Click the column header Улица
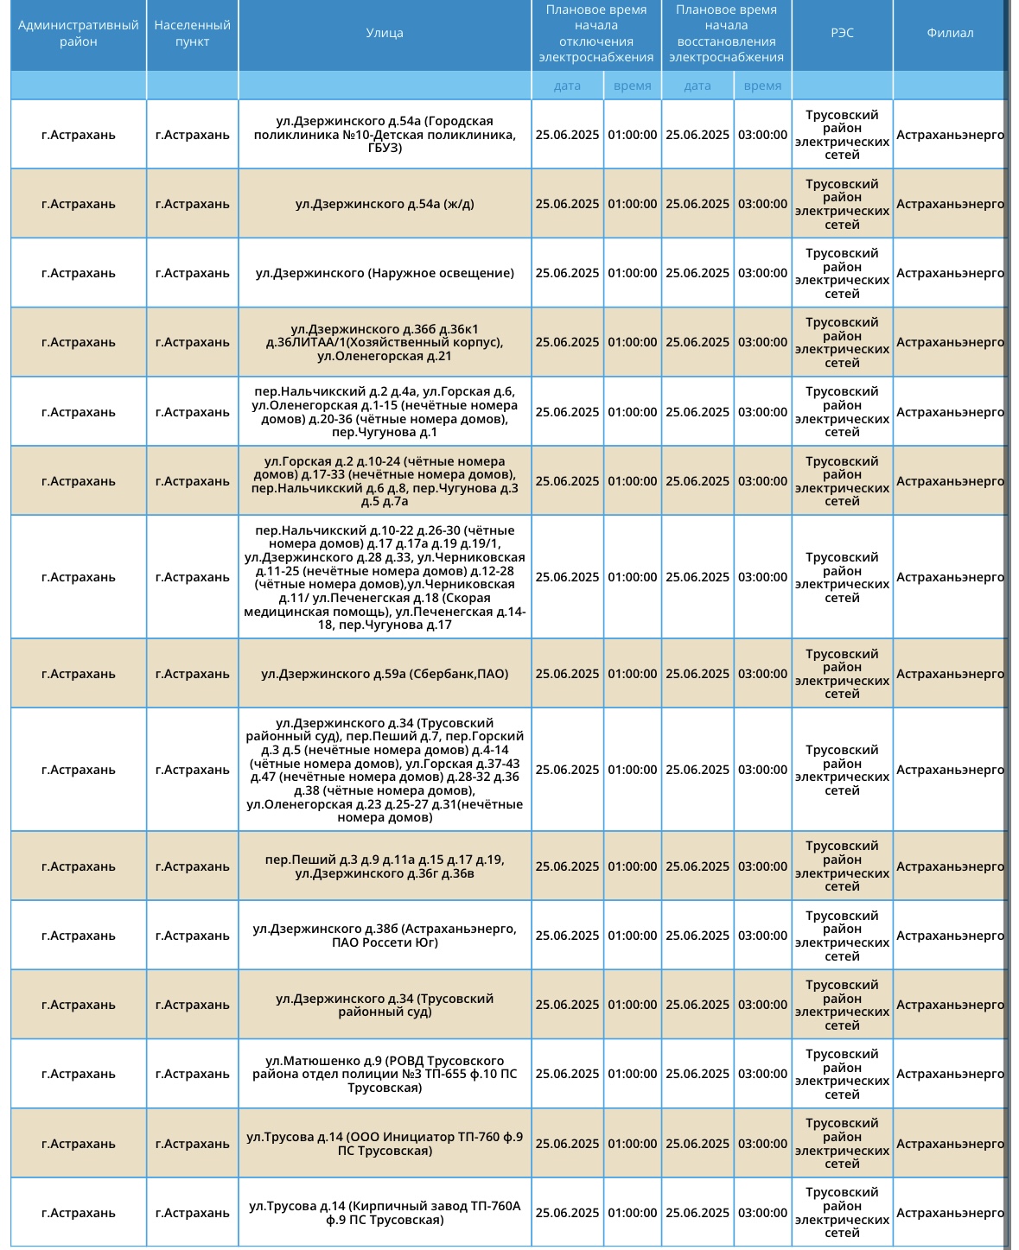click(385, 34)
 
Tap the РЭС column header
click(842, 34)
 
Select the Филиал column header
click(949, 34)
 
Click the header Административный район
click(79, 34)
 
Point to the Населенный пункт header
click(192, 34)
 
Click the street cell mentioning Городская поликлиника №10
click(385, 135)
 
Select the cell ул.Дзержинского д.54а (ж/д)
click(385, 204)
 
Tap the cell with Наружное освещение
click(385, 273)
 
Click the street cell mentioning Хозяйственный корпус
click(385, 342)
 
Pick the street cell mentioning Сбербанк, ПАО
click(385, 674)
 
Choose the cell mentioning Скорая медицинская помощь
click(385, 577)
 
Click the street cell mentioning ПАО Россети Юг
click(385, 936)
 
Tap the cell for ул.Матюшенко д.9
click(385, 1074)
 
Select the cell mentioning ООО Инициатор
click(385, 1144)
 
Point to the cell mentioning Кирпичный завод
click(385, 1213)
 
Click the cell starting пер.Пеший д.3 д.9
click(385, 866)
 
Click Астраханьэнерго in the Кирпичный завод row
click(949, 1213)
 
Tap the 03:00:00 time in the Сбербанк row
click(762, 674)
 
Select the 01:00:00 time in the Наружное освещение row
click(632, 273)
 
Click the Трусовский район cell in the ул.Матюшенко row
click(842, 1074)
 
